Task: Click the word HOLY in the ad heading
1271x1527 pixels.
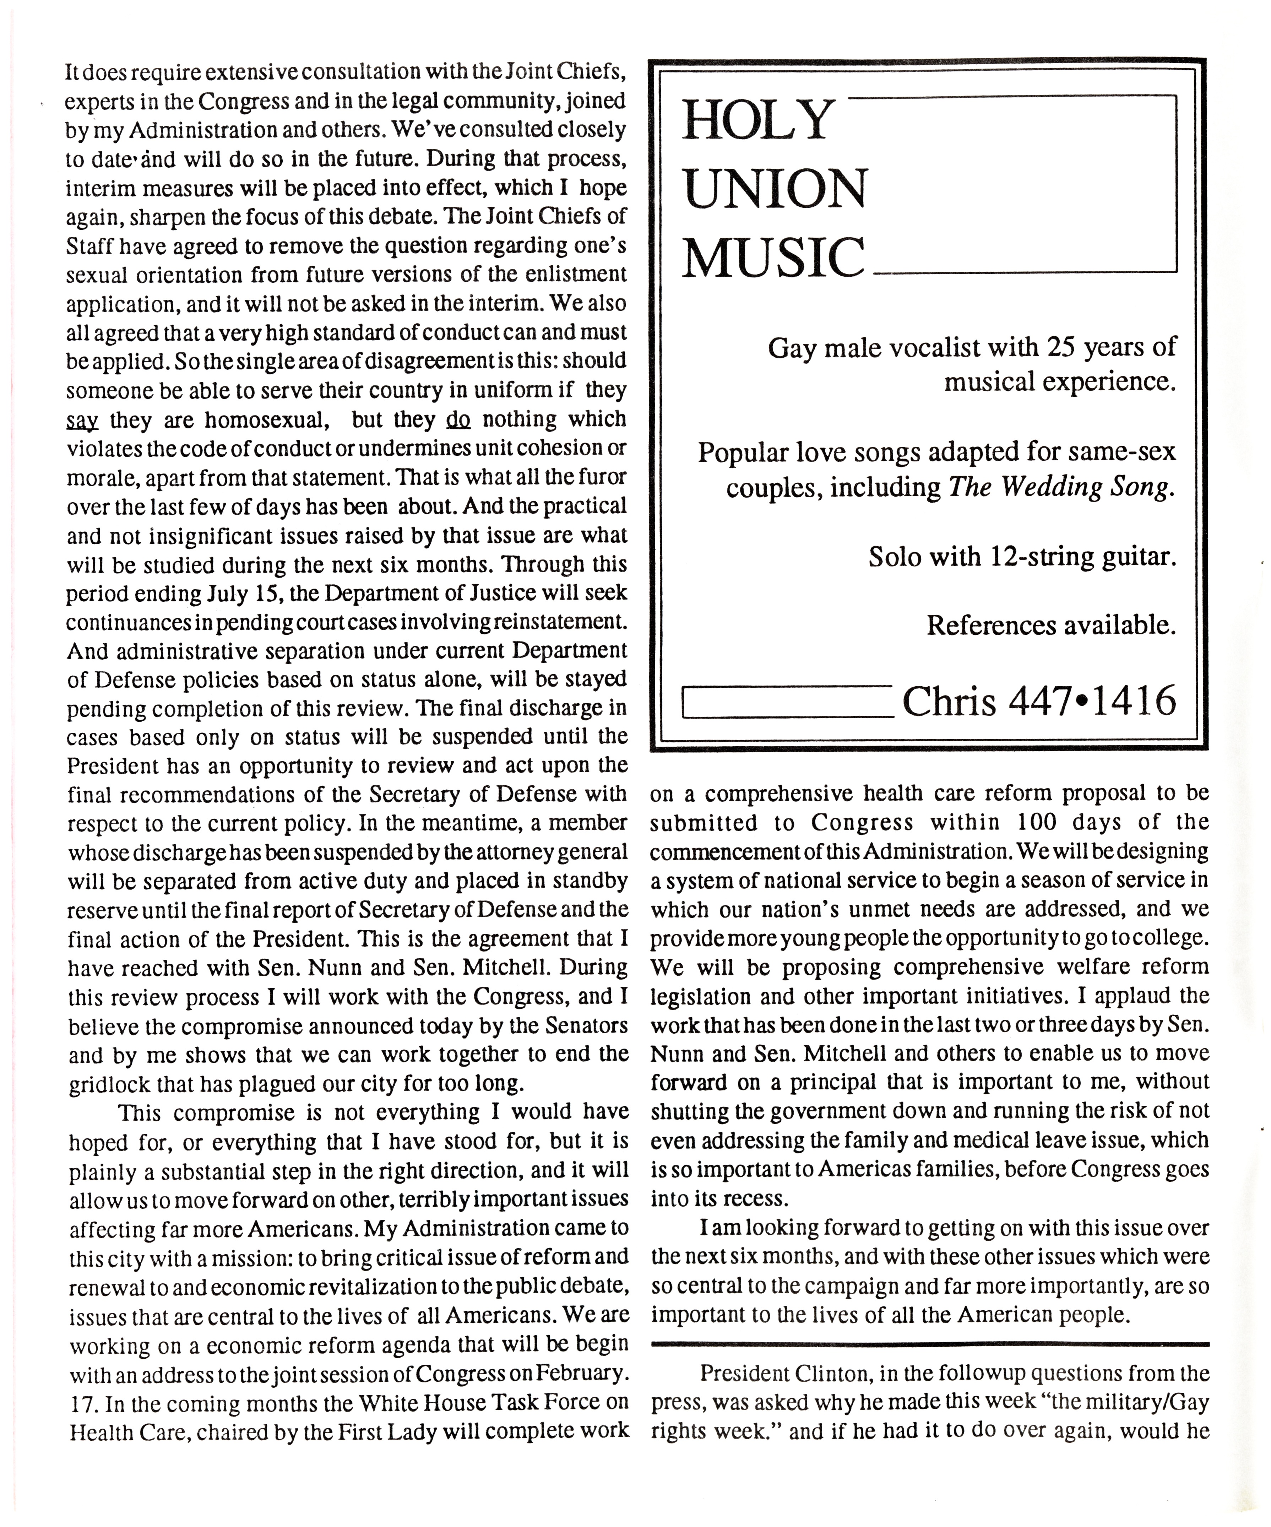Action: tap(756, 121)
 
